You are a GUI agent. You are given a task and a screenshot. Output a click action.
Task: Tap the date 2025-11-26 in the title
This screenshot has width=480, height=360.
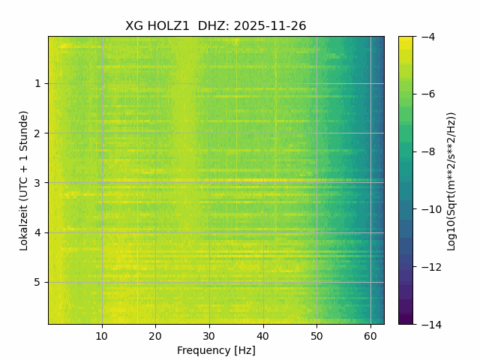point(270,26)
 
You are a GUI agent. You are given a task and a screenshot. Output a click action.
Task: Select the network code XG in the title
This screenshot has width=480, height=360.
point(134,26)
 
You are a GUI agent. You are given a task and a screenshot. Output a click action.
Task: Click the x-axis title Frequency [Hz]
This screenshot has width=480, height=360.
point(216,350)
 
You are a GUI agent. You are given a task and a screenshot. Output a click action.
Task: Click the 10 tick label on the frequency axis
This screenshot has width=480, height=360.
point(102,335)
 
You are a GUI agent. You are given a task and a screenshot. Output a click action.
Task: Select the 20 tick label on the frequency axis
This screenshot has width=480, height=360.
point(155,335)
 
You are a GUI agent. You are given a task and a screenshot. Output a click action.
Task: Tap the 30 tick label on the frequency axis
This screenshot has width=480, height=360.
point(209,335)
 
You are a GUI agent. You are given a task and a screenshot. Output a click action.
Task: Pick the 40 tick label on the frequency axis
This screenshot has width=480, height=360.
point(262,335)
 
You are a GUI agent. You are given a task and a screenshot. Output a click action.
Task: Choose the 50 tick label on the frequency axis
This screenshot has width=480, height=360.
point(316,335)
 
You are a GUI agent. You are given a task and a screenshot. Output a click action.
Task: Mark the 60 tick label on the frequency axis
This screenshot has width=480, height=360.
point(370,335)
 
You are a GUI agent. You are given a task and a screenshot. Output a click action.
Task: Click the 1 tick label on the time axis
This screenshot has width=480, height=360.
point(37,83)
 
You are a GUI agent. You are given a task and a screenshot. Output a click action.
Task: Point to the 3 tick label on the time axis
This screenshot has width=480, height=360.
point(37,183)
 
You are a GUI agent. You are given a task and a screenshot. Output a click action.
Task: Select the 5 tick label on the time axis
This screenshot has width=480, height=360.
point(37,282)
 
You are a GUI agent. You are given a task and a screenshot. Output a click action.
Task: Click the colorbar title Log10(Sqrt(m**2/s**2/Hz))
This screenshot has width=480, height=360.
point(451,180)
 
